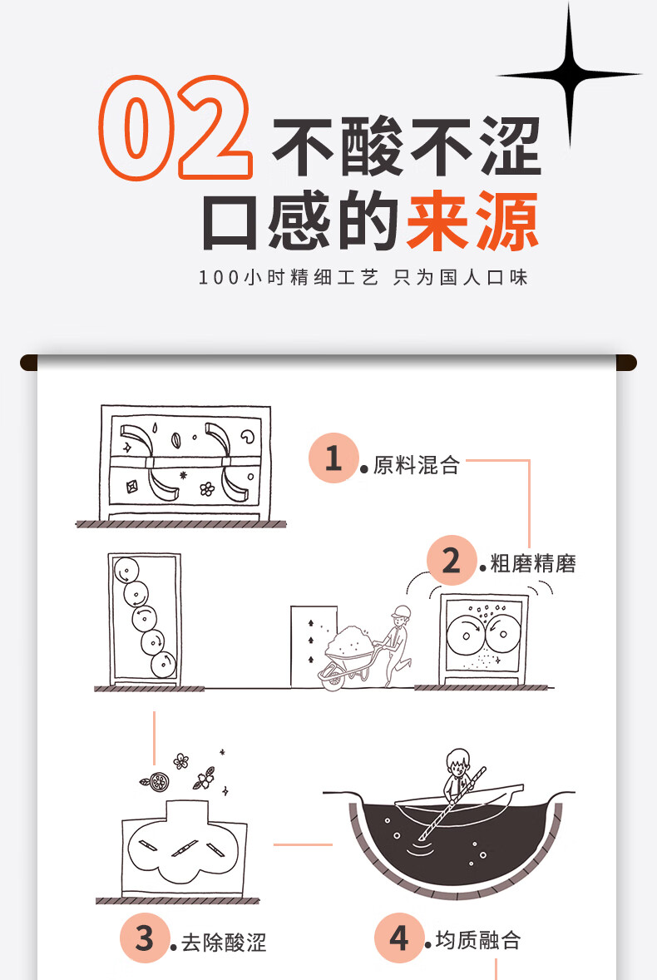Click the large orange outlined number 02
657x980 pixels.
176,129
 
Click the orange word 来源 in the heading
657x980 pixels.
472,223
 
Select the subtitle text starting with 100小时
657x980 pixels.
363,277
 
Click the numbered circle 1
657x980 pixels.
333,458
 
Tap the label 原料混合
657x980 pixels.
416,465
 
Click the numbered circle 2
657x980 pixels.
451,561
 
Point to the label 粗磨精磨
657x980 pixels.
533,564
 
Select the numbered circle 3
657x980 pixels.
145,938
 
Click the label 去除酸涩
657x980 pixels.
224,943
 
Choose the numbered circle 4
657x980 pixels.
399,938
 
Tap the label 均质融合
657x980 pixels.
478,941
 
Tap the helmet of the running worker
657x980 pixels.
403,611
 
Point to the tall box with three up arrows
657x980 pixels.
314,646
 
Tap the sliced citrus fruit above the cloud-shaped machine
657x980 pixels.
156,782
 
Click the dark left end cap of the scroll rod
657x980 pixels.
28,363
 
